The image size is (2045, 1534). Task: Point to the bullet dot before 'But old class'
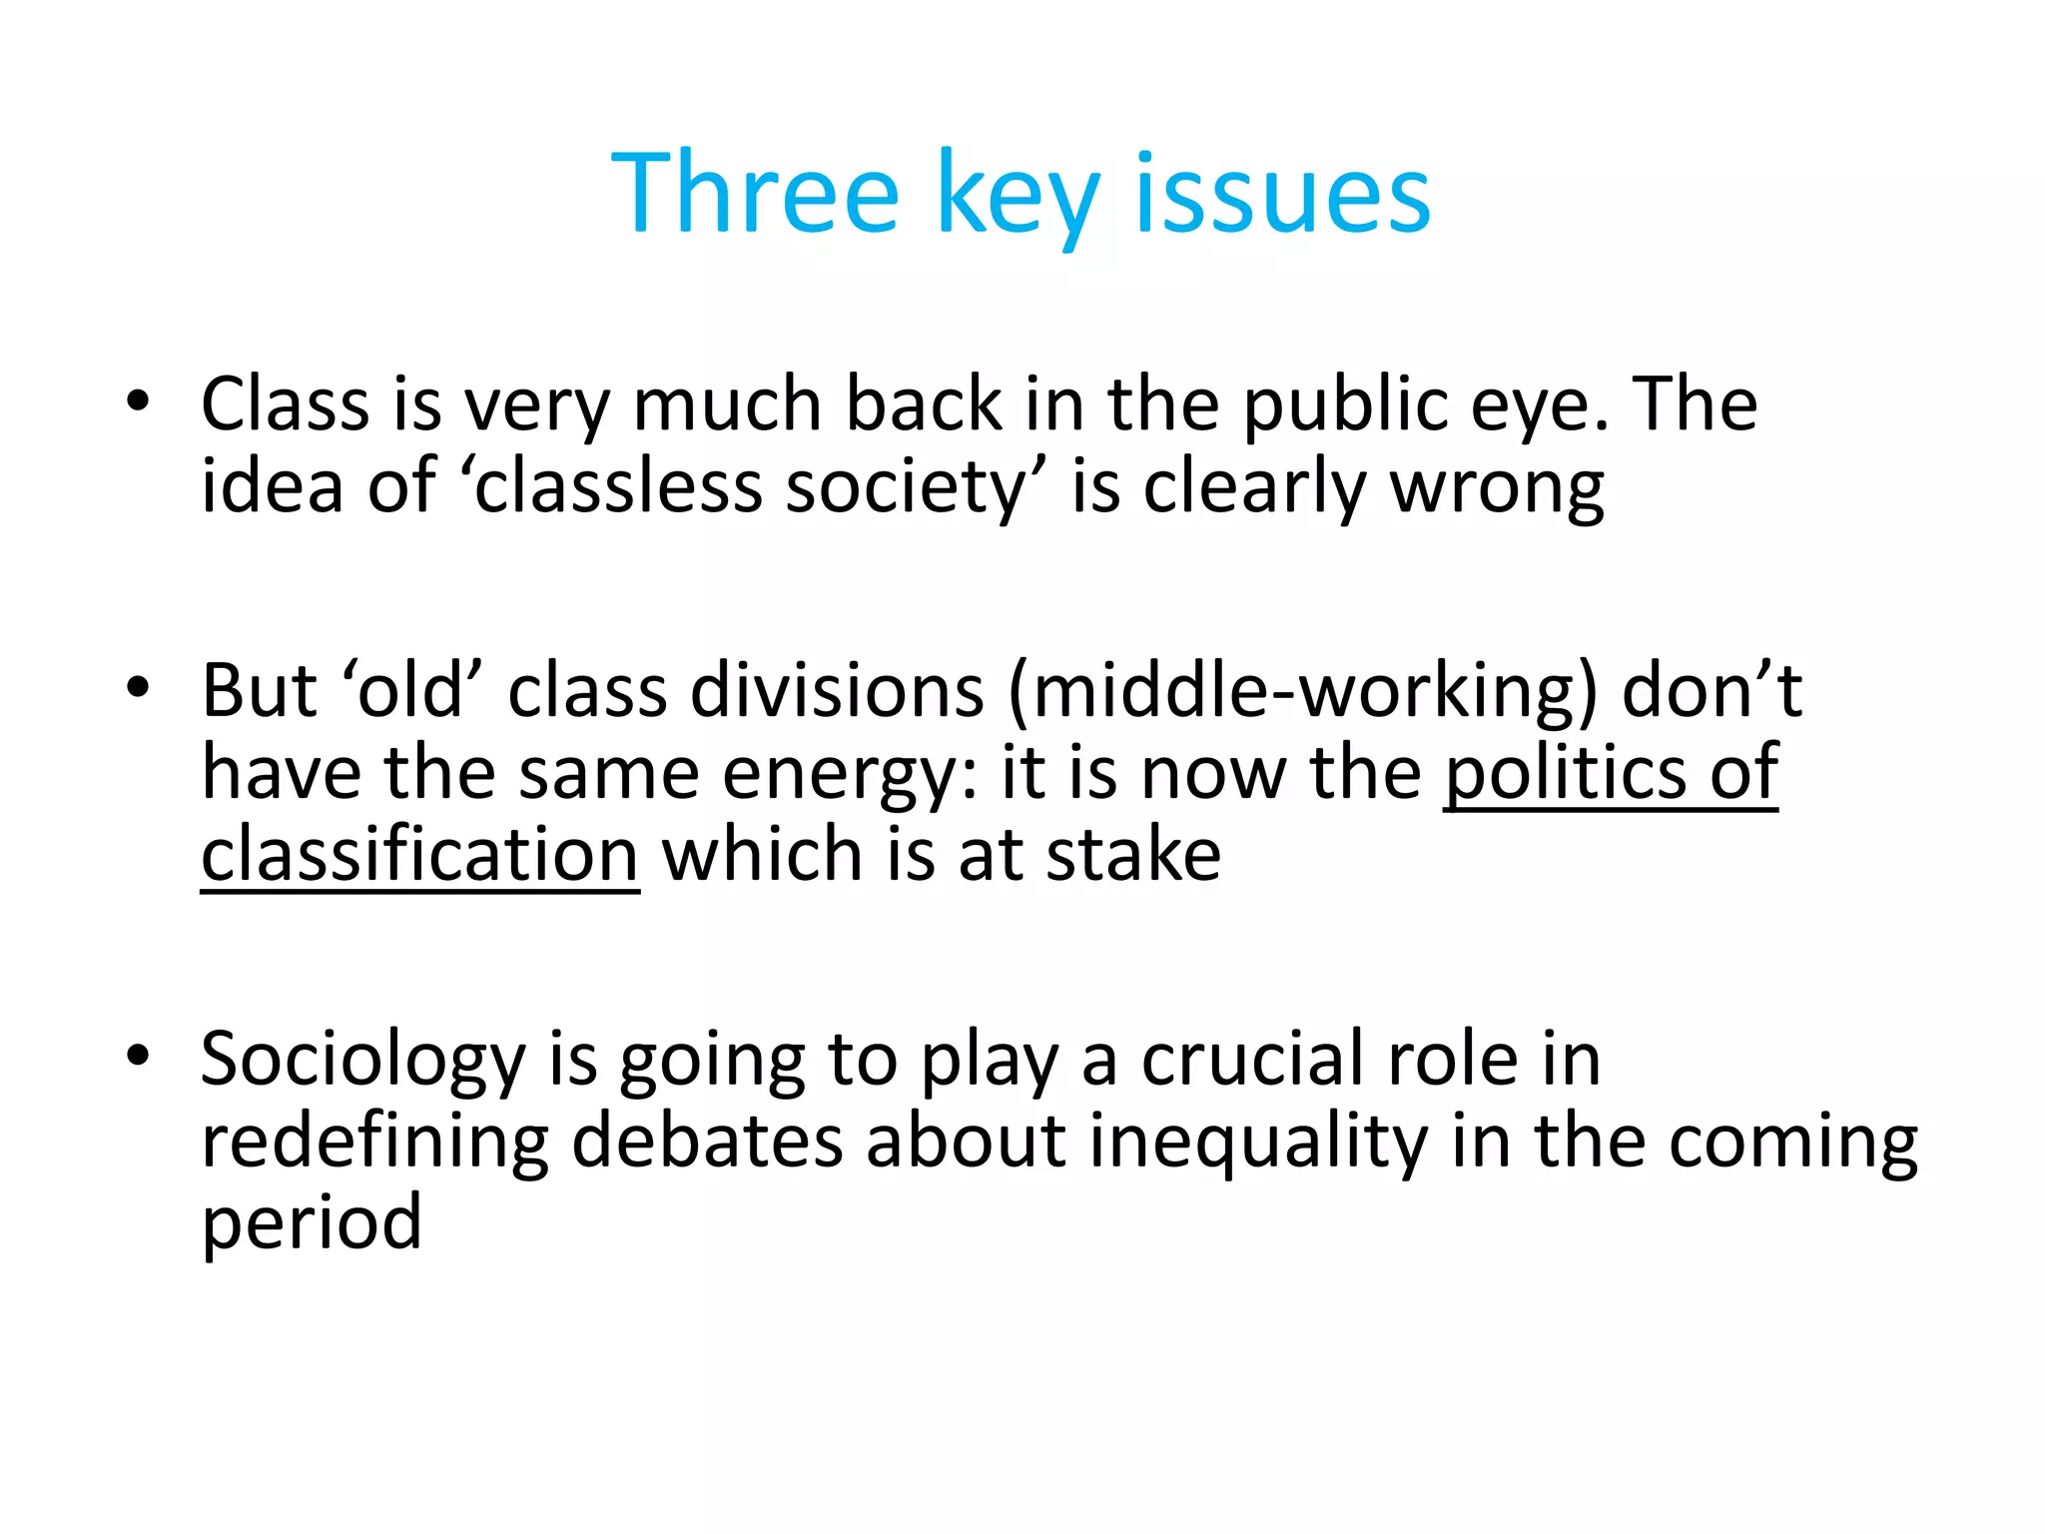point(138,688)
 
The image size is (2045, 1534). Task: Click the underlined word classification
point(419,855)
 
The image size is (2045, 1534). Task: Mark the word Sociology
point(362,1060)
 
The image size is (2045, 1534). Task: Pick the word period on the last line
point(312,1223)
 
